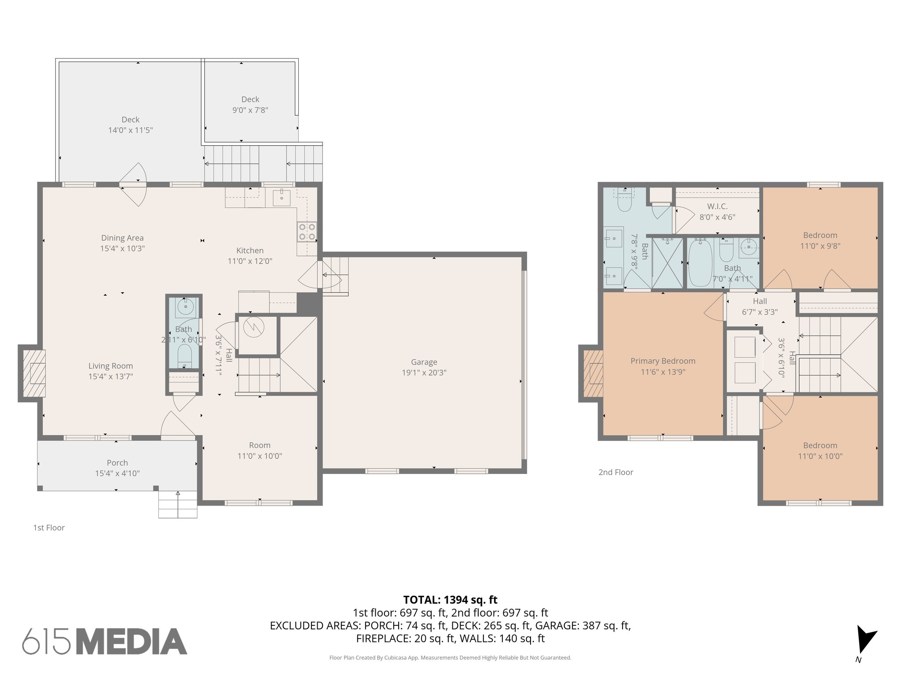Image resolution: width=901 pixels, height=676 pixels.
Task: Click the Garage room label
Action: click(424, 362)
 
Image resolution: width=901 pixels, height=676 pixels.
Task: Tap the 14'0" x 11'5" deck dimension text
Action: click(130, 130)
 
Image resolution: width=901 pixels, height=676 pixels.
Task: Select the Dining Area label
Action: click(122, 238)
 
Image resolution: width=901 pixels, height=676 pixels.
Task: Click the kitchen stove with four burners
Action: click(307, 232)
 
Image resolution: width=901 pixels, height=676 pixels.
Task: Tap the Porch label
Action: click(117, 463)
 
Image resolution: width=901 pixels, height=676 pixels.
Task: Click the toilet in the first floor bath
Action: click(184, 354)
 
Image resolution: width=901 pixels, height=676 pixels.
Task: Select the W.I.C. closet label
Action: click(717, 206)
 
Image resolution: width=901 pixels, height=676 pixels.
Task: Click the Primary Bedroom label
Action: click(663, 361)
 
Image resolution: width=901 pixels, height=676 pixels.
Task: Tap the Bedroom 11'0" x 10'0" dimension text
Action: click(820, 456)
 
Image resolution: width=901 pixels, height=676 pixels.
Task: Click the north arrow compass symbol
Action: click(865, 641)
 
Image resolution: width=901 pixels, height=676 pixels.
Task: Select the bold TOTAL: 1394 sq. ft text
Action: click(450, 599)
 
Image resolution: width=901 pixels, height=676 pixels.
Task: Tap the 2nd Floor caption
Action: click(615, 472)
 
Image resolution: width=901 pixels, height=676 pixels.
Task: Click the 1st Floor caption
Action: click(49, 528)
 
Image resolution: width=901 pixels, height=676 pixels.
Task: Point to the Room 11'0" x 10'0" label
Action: click(260, 445)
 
